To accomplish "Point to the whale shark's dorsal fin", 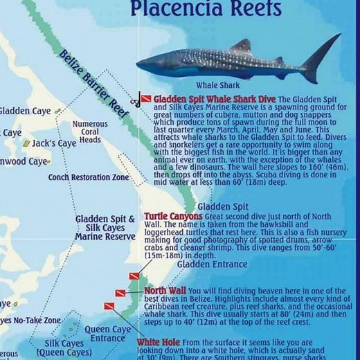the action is click(x=240, y=47).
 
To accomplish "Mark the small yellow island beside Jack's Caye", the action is click(x=26, y=144).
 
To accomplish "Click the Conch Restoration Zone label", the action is click(x=89, y=177).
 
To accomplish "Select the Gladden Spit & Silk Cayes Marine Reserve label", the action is click(x=105, y=228).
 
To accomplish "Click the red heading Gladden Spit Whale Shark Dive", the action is click(x=215, y=100).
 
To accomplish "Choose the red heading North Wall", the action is click(x=163, y=291).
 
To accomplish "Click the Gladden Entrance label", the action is click(x=212, y=264).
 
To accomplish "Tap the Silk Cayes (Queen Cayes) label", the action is click(x=64, y=348).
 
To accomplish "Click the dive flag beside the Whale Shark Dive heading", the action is click(x=145, y=99).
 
